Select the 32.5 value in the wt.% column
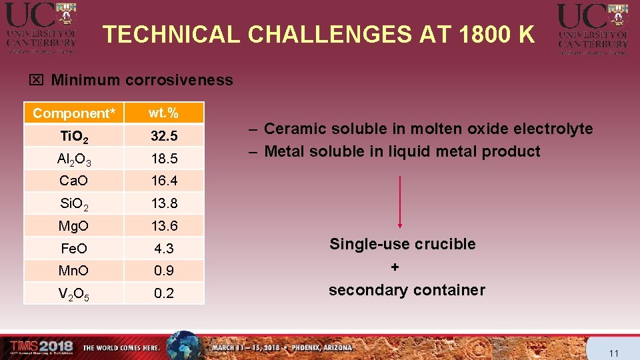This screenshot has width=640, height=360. pos(163,136)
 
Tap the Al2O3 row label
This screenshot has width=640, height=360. pos(74,159)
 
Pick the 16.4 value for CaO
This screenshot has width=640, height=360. pos(163,181)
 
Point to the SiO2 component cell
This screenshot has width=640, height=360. pos(74,203)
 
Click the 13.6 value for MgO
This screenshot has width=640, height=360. pos(163,225)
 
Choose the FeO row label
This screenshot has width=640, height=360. pos(74,249)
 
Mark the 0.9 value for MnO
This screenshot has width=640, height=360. pos(163,271)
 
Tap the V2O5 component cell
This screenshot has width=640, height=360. pos(74,293)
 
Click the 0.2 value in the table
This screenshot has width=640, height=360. pos(163,293)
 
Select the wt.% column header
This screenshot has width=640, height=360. pos(163,112)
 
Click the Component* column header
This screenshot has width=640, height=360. pos(74,113)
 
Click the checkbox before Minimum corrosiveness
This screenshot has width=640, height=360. pos(36,81)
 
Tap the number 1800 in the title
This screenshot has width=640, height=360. pos(483,35)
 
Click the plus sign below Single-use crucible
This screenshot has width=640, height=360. pos(395,267)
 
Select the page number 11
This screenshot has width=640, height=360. pos(614,353)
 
